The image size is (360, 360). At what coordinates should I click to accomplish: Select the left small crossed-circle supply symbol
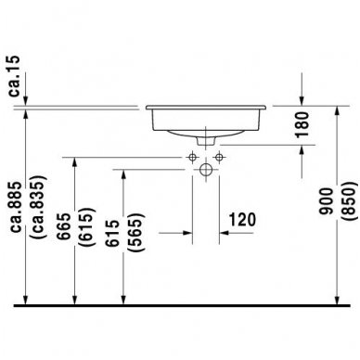(x=192, y=155)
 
